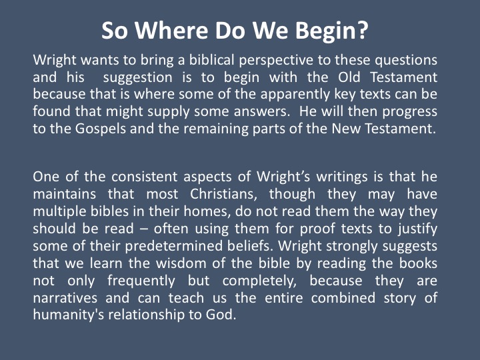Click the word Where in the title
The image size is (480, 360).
171,31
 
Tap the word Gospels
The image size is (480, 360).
101,129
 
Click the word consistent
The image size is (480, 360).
144,177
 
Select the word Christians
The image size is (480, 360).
223,195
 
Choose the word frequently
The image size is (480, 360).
141,281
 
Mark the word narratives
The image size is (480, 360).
65,298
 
